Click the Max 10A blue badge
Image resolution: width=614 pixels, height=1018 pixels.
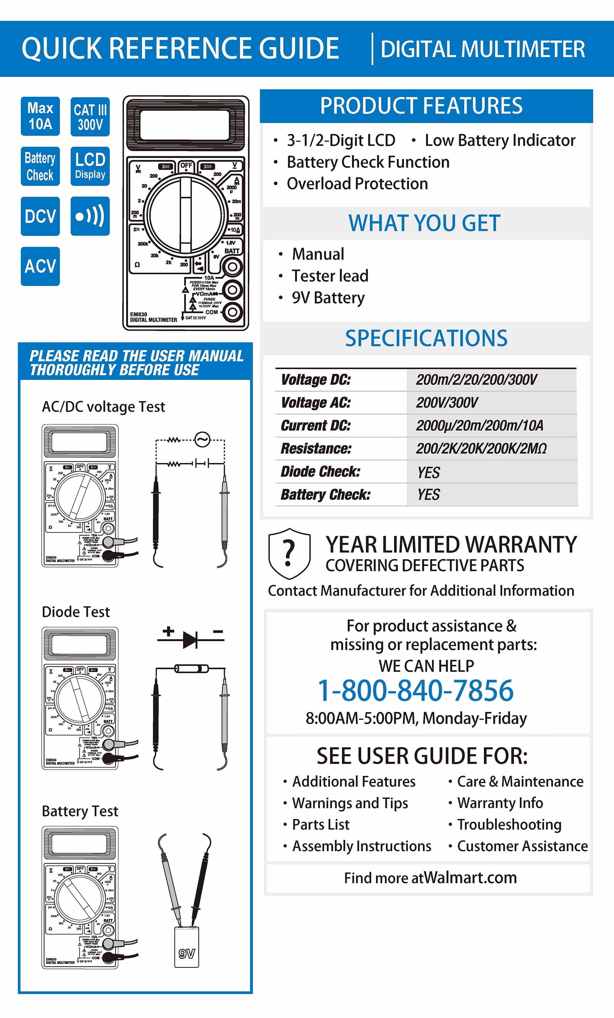[x=40, y=116]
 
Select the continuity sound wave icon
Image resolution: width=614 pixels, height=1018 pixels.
[x=90, y=216]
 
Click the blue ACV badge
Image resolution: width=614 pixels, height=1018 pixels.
[x=40, y=266]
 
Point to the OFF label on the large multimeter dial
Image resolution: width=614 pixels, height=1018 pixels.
[x=186, y=166]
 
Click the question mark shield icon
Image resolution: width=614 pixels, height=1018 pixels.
[x=289, y=554]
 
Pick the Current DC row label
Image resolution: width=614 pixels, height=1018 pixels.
[x=316, y=426]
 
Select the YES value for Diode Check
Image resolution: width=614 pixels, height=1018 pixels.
[x=428, y=472]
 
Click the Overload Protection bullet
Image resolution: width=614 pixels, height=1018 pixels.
[x=357, y=184]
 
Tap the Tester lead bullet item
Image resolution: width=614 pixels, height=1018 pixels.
[x=330, y=276]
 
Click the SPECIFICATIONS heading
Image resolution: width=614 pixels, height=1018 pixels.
[x=426, y=338]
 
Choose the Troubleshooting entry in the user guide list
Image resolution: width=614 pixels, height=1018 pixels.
[x=509, y=825]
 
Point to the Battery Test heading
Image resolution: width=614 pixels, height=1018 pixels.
[x=80, y=811]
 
